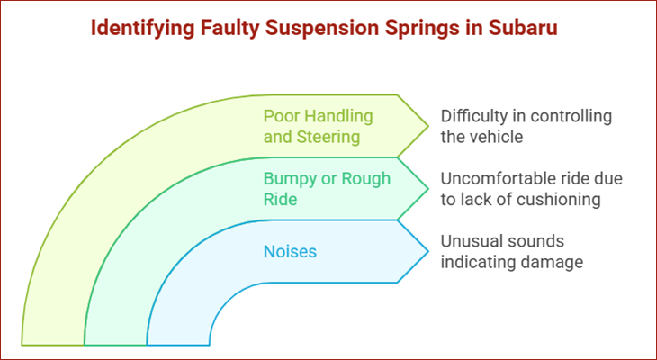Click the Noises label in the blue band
coord(290,252)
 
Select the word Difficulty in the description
coord(473,116)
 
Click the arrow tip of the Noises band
coord(427,251)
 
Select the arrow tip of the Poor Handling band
coord(427,126)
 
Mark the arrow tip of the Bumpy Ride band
coord(427,189)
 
